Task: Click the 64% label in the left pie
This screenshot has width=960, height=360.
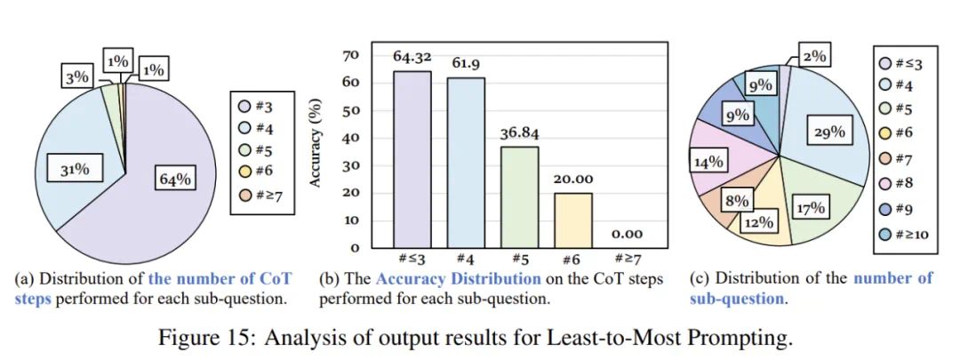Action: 175,178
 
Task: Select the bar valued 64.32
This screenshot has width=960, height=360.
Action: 412,159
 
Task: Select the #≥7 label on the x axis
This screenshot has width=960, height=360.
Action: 628,259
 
